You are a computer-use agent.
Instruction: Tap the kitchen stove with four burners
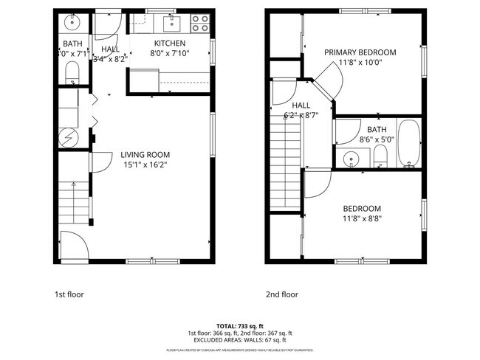click(199, 24)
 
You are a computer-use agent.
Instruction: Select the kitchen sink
click(171, 21)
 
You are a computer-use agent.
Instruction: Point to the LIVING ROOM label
click(145, 155)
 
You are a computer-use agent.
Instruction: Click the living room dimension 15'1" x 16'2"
click(145, 165)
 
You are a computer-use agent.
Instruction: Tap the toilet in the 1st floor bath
click(72, 72)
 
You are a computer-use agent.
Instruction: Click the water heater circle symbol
click(66, 136)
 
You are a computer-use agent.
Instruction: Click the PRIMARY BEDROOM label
click(361, 52)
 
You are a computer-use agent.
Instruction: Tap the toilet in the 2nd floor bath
click(381, 155)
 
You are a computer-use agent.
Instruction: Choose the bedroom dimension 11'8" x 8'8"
click(362, 218)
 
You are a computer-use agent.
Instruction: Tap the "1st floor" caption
click(69, 294)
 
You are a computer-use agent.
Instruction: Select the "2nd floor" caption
click(282, 294)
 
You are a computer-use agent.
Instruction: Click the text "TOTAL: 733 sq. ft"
click(239, 325)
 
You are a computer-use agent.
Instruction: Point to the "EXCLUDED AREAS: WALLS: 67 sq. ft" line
click(239, 340)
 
